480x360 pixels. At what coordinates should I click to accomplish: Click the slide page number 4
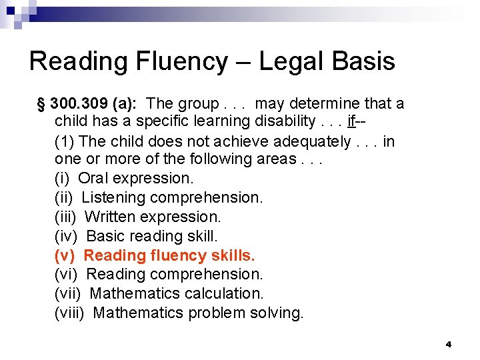pyautogui.click(x=449, y=344)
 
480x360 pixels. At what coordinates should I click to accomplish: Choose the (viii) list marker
pyautogui.click(x=69, y=313)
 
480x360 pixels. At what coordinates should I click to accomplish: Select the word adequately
pyautogui.click(x=307, y=141)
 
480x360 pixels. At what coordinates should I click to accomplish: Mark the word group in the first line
pyautogui.click(x=199, y=104)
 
